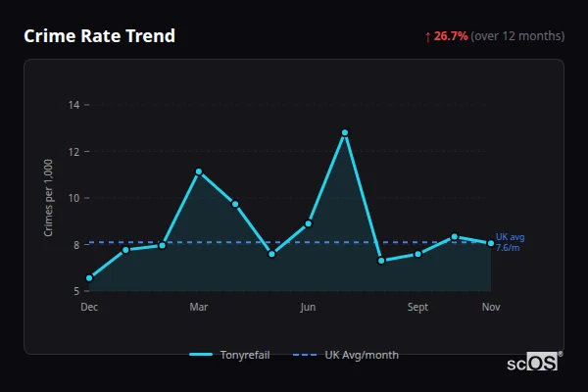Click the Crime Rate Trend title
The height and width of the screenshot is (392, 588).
[x=99, y=36]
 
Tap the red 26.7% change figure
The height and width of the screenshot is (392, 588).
[x=452, y=36]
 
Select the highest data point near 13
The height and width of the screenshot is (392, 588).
[x=345, y=132]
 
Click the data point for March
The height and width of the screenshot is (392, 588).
[x=199, y=171]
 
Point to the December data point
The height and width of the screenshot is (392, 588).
[x=89, y=278]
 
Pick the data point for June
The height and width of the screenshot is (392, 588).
[x=309, y=223]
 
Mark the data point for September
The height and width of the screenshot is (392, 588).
[x=418, y=254]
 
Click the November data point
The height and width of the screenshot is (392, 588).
[x=491, y=243]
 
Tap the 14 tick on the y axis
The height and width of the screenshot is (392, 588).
[x=74, y=105]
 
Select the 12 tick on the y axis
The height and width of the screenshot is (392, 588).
[x=74, y=152]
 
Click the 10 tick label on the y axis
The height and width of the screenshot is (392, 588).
[x=74, y=198]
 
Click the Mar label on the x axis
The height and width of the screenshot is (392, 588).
[x=199, y=308]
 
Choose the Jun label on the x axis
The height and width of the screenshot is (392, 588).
[x=309, y=308]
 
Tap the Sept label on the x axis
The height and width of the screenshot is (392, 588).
[x=418, y=308]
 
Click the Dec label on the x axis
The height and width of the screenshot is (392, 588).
[x=89, y=308]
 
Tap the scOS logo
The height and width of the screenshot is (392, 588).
[x=532, y=363]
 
